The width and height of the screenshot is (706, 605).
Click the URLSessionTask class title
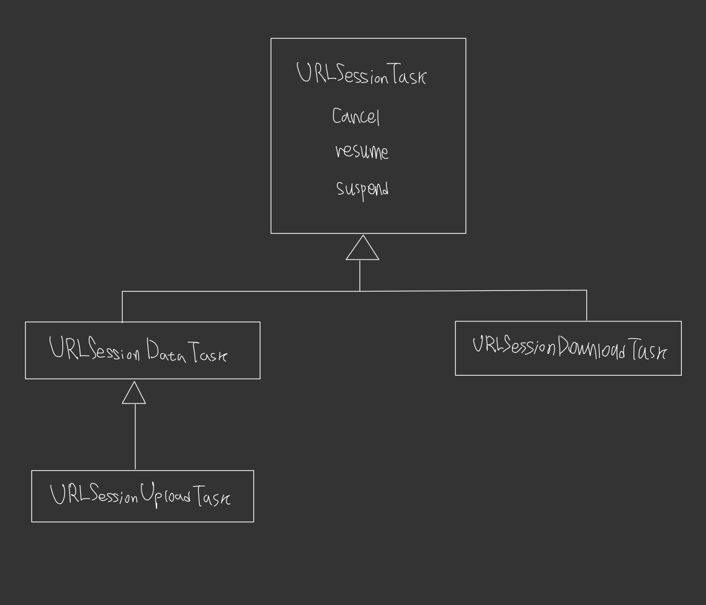(x=361, y=74)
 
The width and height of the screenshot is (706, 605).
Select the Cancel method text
(x=356, y=116)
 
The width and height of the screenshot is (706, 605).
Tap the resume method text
(x=362, y=152)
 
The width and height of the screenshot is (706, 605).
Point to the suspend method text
(x=363, y=189)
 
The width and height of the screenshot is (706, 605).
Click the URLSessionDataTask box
(x=143, y=350)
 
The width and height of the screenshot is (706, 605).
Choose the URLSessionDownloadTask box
(x=568, y=348)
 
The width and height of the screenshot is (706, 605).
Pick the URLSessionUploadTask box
(x=143, y=495)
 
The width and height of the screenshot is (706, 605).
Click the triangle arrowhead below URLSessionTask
(x=362, y=249)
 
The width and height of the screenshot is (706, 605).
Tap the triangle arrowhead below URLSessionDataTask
(x=134, y=393)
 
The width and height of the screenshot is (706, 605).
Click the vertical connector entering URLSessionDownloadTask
(x=586, y=306)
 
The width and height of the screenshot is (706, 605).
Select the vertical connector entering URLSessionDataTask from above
(x=122, y=307)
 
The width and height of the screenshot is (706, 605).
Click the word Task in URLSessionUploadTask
(x=212, y=497)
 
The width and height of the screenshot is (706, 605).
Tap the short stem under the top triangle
(x=360, y=275)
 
